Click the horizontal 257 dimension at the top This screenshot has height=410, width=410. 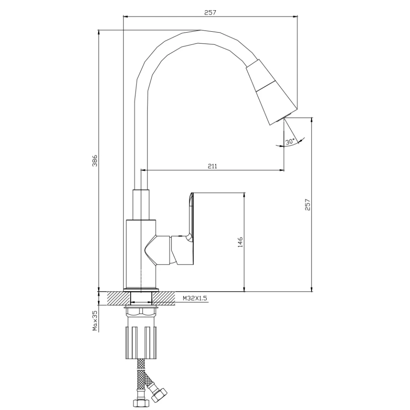(x=210, y=13)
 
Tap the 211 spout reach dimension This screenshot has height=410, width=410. (x=212, y=166)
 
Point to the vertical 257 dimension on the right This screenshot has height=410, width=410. (x=308, y=205)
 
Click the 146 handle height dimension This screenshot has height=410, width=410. (x=240, y=242)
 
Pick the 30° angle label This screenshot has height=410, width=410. (x=290, y=142)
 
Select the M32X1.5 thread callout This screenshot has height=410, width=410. (x=195, y=298)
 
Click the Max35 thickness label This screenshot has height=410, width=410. (x=95, y=320)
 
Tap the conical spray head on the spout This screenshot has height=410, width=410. (x=271, y=92)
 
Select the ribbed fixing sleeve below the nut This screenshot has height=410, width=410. (x=142, y=342)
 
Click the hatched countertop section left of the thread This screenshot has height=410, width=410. (x=118, y=298)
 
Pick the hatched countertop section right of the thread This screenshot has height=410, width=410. (x=164, y=298)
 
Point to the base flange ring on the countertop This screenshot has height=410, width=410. (x=141, y=290)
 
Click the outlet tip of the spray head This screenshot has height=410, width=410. (x=284, y=118)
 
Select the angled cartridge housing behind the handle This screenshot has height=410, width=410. (x=158, y=249)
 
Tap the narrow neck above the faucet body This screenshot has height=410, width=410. (x=141, y=204)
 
